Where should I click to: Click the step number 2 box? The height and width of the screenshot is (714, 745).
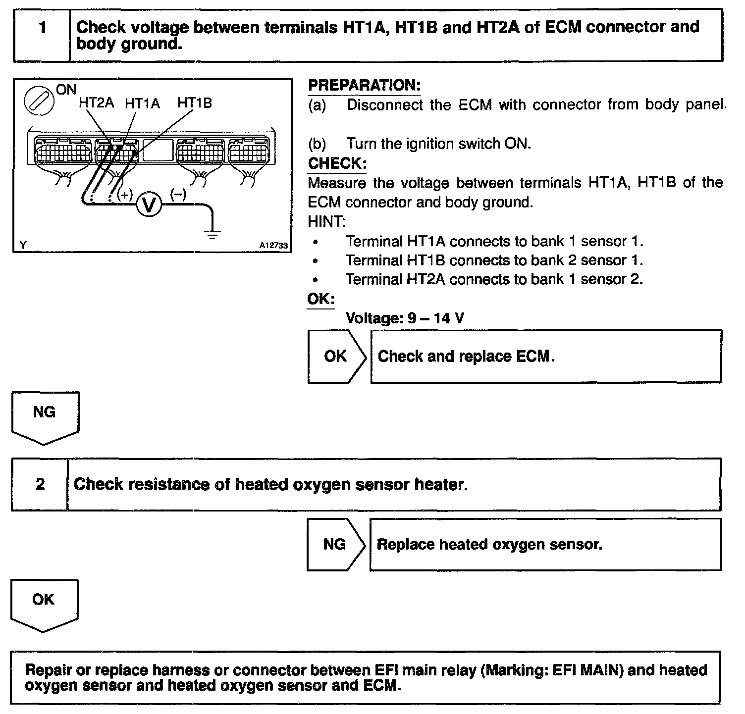[40, 484]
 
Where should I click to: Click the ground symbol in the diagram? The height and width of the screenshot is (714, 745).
[213, 233]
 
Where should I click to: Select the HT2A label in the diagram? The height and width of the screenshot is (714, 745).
[96, 103]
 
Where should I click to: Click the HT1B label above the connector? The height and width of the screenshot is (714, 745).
[195, 102]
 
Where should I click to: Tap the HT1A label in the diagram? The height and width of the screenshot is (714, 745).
[142, 103]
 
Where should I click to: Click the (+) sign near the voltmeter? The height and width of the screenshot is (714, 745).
[124, 194]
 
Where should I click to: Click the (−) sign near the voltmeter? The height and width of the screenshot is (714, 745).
[178, 194]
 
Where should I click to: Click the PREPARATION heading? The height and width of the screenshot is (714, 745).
[364, 85]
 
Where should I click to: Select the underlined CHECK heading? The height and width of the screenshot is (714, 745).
[337, 163]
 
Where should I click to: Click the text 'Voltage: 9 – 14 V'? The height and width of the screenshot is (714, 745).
[405, 318]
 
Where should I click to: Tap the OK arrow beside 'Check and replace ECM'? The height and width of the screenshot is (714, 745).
[336, 357]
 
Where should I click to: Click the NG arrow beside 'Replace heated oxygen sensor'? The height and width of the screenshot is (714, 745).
[335, 545]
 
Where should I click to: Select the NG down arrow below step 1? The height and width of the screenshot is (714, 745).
[44, 416]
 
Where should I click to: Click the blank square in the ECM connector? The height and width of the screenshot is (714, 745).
[158, 150]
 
